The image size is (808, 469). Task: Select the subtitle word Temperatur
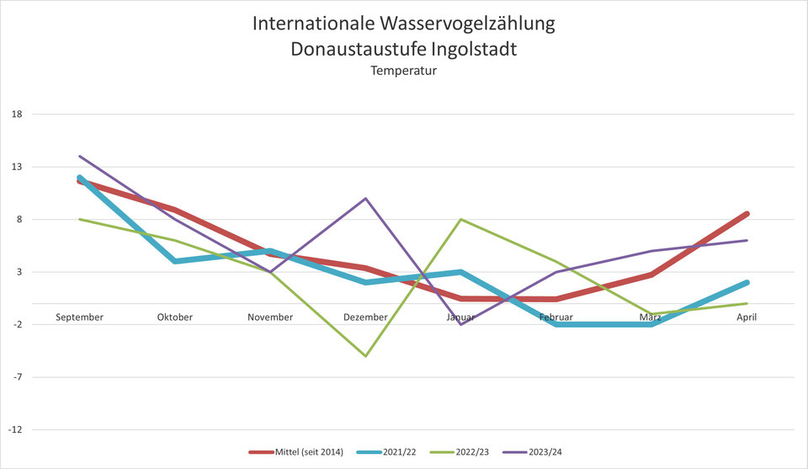(404, 72)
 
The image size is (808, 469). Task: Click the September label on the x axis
(79, 317)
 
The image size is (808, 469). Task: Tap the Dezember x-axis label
(365, 317)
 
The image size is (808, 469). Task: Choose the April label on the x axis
(747, 317)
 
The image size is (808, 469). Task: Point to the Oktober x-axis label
(175, 317)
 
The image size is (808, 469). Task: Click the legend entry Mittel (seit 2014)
(308, 453)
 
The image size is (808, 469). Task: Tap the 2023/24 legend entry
(545, 453)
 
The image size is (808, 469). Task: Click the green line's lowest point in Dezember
(365, 355)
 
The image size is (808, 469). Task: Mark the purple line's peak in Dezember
(365, 199)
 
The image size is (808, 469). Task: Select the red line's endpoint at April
(747, 214)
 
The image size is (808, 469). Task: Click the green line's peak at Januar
(461, 220)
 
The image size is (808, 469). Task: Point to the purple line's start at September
(79, 157)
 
